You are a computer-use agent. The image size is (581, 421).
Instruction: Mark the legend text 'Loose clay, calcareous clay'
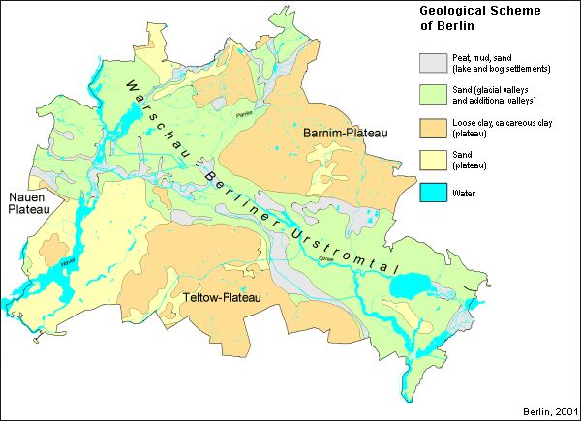point(501,123)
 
